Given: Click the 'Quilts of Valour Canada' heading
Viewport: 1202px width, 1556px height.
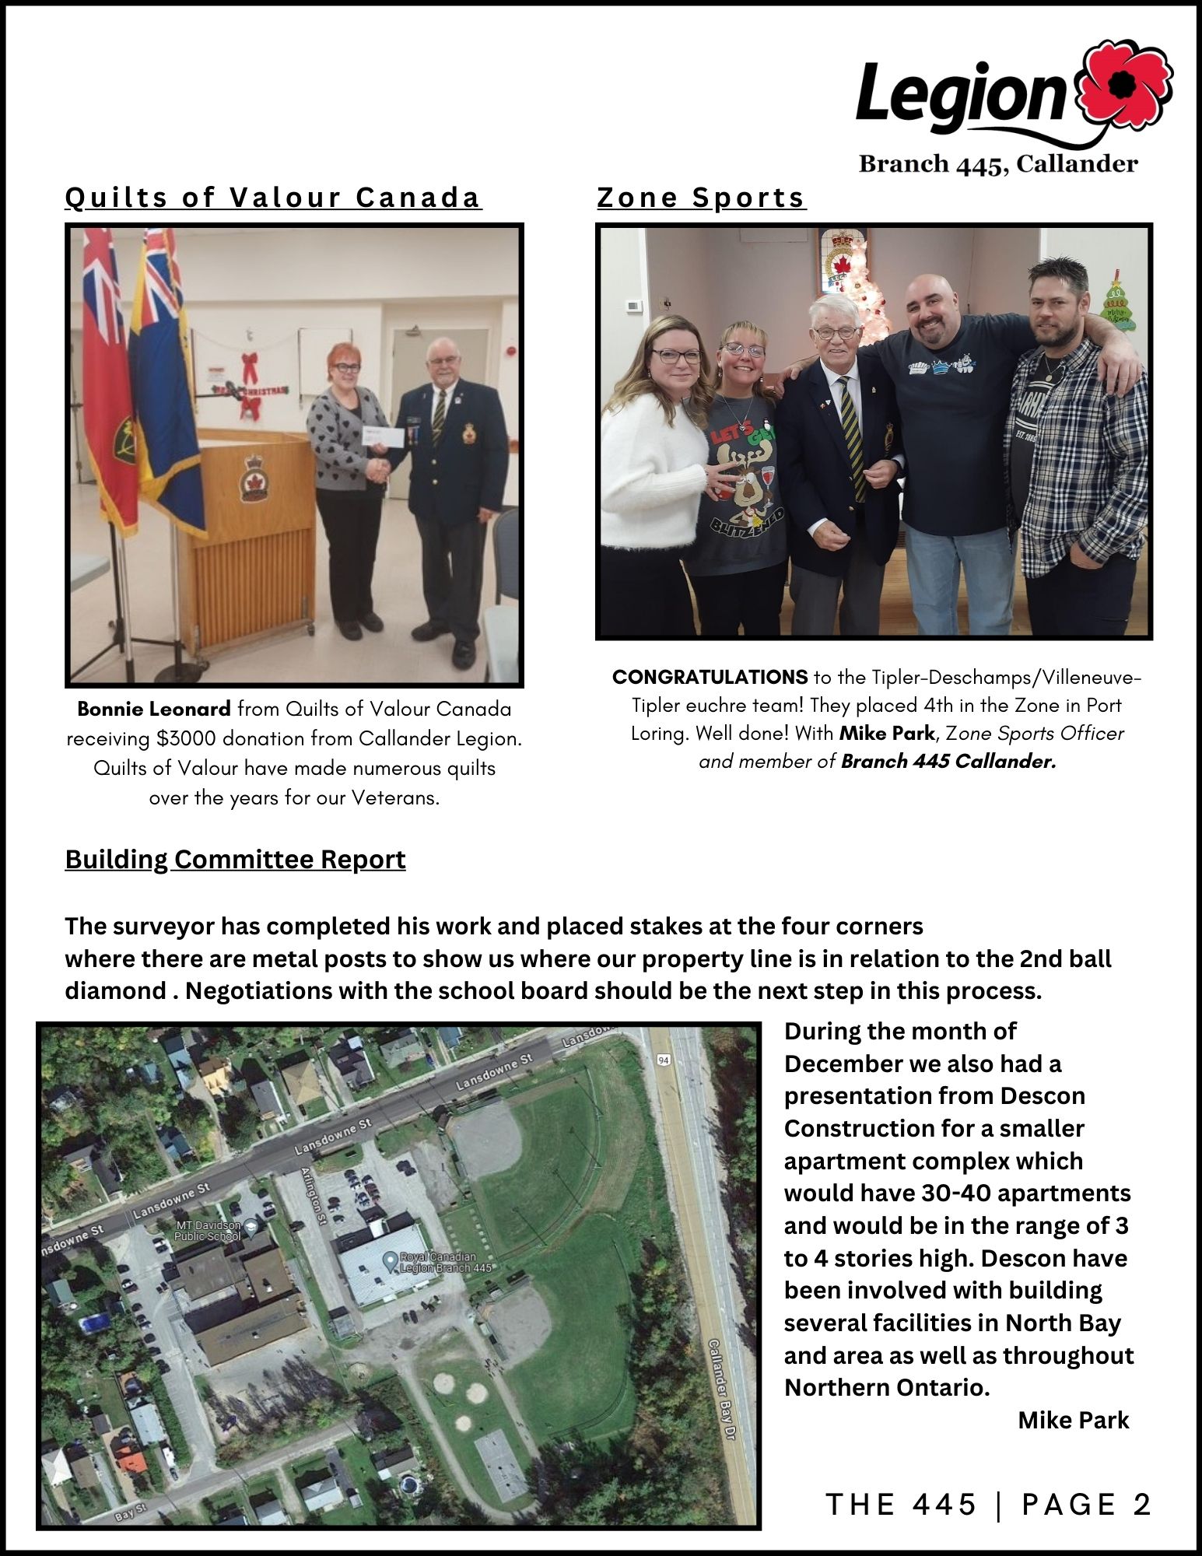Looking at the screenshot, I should [x=273, y=198].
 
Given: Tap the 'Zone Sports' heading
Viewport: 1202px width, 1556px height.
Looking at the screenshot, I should [x=701, y=198].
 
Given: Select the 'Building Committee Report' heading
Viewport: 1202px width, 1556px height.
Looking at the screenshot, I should [x=235, y=859].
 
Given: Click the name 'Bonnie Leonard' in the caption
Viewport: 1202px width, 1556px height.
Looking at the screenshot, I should [x=154, y=709].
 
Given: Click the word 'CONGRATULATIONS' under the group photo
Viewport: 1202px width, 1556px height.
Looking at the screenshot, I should [x=710, y=677].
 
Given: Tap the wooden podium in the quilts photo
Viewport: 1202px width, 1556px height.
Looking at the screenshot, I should [x=249, y=529].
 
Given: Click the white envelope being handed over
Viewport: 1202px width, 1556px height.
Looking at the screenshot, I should [x=383, y=437].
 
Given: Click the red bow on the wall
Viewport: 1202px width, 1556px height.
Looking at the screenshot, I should [x=250, y=366].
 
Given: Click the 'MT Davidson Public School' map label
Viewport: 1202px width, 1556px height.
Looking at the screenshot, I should [x=208, y=1231].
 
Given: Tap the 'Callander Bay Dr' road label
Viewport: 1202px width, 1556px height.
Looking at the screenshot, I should [x=721, y=1390].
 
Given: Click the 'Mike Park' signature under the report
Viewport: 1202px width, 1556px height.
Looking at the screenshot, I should [x=1073, y=1420].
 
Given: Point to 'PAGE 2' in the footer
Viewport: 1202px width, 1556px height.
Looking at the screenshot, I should [x=1086, y=1505].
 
